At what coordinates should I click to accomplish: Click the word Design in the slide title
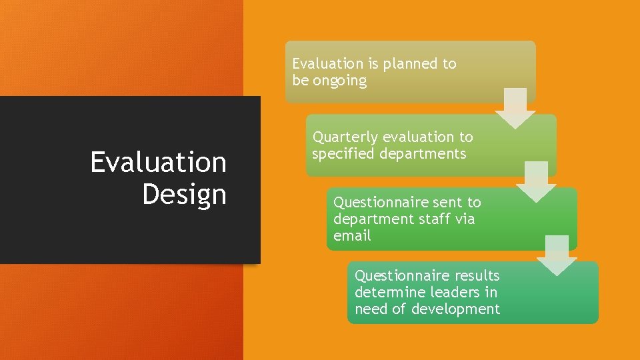click(x=184, y=194)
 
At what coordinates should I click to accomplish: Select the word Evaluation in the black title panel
click(x=158, y=162)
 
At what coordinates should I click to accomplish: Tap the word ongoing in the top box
click(x=340, y=81)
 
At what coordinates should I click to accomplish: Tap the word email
click(x=352, y=236)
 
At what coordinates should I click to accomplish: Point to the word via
click(x=465, y=219)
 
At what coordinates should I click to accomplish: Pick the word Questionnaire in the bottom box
click(x=402, y=275)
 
